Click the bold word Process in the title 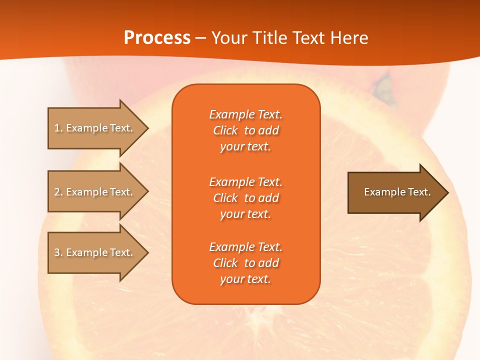click(x=157, y=38)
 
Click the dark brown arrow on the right click(x=395, y=192)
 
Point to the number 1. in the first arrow click(x=58, y=128)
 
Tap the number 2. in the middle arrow click(x=58, y=192)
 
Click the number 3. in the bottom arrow click(x=58, y=252)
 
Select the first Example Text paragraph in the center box click(x=245, y=130)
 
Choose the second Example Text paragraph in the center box click(x=245, y=198)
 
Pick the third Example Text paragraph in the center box click(x=245, y=263)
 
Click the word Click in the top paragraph click(x=225, y=130)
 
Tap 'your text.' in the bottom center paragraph click(x=245, y=279)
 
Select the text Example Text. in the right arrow click(x=397, y=192)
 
